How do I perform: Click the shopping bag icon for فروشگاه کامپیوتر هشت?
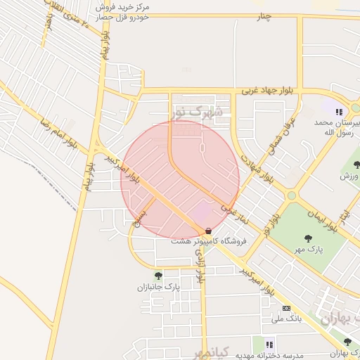(x=208, y=231)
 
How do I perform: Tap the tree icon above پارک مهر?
(x=309, y=238)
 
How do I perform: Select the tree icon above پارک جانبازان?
(x=158, y=276)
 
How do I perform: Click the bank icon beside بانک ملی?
(x=286, y=308)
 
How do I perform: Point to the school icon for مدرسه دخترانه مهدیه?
(x=269, y=344)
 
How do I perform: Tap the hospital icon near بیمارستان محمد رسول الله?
(x=339, y=111)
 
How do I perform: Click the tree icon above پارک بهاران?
(x=347, y=342)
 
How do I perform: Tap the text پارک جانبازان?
(x=159, y=287)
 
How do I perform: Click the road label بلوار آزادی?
(x=200, y=269)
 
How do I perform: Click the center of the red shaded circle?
(x=181, y=179)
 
